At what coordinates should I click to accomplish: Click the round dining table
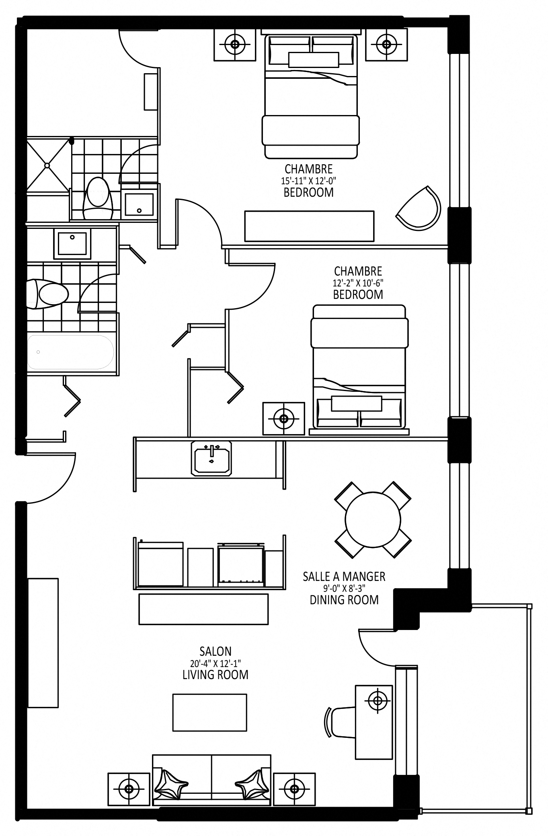[x=373, y=519]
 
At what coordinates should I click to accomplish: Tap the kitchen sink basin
[x=211, y=458]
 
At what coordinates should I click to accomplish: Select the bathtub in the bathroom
[x=70, y=352]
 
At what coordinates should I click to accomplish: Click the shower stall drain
[x=47, y=165]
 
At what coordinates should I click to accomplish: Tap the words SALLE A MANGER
[x=344, y=577]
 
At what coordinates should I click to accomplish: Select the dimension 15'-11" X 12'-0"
[x=308, y=180]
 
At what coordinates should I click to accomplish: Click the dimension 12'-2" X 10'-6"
[x=358, y=282]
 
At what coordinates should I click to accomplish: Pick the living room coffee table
[x=209, y=712]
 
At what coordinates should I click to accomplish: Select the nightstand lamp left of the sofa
[x=129, y=788]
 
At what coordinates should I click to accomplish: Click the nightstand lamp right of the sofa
[x=294, y=788]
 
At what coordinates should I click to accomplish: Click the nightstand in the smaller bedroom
[x=284, y=418]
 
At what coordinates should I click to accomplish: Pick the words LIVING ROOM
[x=216, y=675]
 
